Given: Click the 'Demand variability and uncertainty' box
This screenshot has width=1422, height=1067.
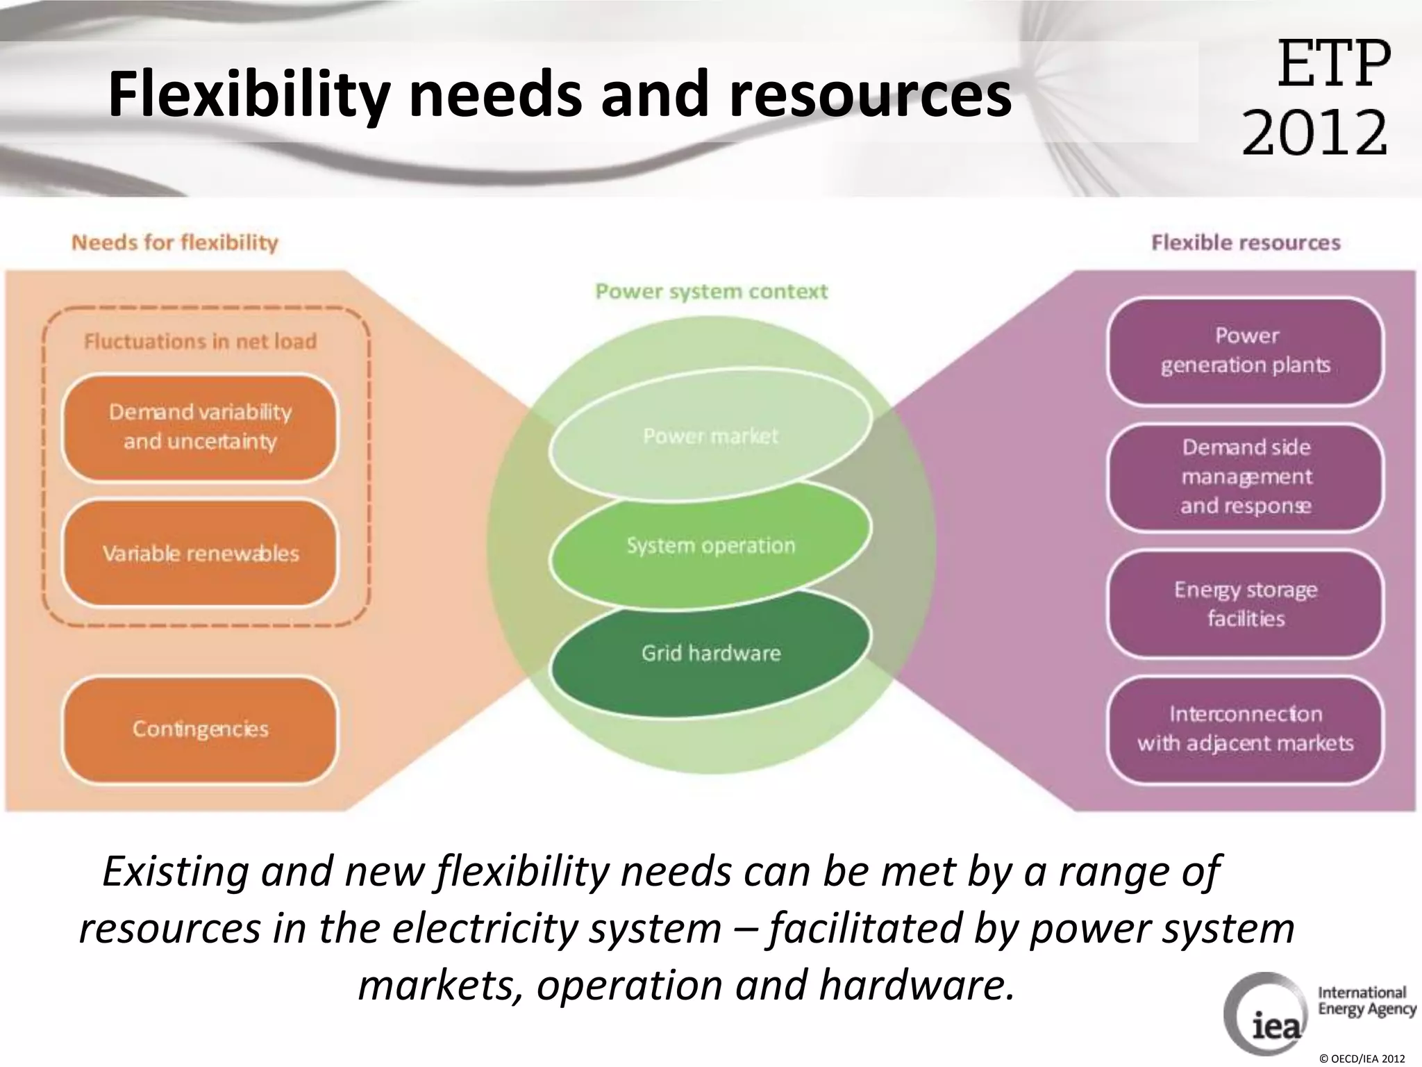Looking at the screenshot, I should click(x=200, y=427).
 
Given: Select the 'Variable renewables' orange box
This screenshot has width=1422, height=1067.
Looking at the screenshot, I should click(x=200, y=553).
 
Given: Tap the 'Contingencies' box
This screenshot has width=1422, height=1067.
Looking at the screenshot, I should click(x=200, y=729).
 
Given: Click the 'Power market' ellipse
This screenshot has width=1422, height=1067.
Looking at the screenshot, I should click(x=710, y=436).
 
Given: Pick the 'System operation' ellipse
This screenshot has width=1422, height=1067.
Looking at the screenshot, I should click(x=710, y=545).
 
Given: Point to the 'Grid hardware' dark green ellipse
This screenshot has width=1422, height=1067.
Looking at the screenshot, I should click(x=710, y=653).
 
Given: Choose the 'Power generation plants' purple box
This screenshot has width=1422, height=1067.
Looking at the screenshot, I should click(x=1245, y=350).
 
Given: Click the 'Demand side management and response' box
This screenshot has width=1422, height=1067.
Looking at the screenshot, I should click(x=1245, y=477).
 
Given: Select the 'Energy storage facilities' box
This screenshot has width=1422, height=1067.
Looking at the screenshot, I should click(x=1245, y=603).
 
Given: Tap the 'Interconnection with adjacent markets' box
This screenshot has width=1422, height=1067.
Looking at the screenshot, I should click(x=1245, y=729).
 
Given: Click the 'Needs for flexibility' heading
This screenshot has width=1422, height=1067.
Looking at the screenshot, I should click(x=175, y=242).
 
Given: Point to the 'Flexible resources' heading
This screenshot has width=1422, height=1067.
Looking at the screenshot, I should click(x=1246, y=242).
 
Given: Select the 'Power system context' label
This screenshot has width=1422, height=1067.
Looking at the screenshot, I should click(x=712, y=291).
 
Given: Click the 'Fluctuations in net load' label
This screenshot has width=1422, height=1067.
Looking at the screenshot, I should click(x=200, y=341).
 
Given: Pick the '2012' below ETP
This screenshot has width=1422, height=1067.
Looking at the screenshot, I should click(x=1314, y=131).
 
